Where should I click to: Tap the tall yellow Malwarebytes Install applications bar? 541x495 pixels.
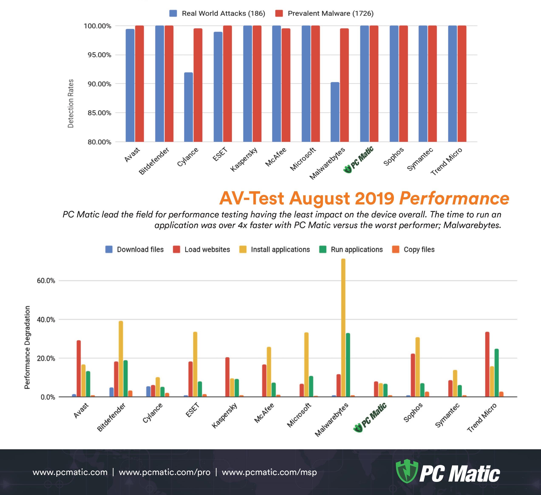(x=343, y=328)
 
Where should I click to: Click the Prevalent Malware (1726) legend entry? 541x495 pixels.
(x=324, y=13)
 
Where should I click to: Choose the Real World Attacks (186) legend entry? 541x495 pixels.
(x=217, y=13)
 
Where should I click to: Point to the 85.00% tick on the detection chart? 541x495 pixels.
(x=99, y=113)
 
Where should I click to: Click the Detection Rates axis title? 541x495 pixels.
(x=71, y=103)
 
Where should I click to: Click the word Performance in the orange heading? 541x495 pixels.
(x=454, y=198)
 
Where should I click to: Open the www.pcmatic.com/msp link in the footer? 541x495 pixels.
(x=269, y=472)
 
